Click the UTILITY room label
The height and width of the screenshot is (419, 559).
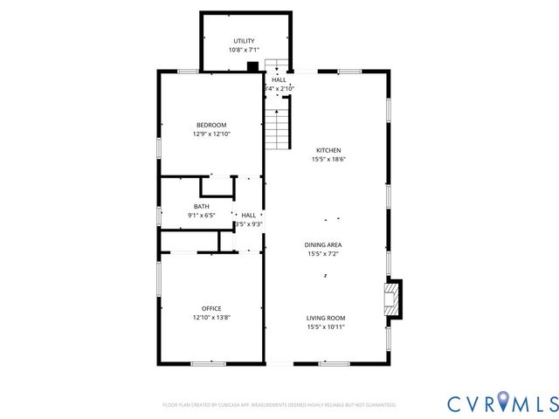point(244,41)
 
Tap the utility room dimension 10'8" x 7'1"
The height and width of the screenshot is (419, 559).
point(244,50)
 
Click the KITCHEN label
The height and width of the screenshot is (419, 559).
point(328,150)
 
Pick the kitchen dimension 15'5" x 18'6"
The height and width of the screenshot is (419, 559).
point(328,159)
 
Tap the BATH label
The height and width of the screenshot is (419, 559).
point(201,207)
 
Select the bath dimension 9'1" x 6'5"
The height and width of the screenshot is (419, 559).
point(201,216)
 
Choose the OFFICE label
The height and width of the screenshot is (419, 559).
point(211,308)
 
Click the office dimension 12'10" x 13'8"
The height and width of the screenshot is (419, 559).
point(211,317)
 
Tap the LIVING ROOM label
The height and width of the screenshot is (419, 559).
point(326,318)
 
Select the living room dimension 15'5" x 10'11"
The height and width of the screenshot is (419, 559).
point(326,326)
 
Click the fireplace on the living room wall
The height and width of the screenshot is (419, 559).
point(395,299)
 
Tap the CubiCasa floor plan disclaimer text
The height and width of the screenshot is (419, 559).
point(279,405)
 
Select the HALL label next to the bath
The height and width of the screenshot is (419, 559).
point(249,215)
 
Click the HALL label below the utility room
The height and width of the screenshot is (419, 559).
point(279,79)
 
